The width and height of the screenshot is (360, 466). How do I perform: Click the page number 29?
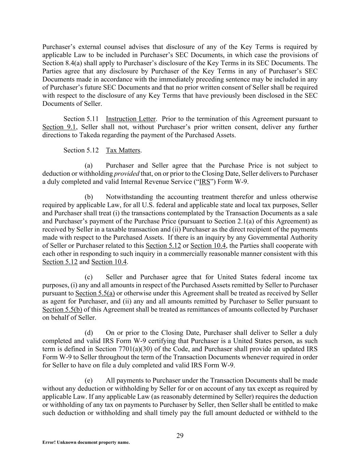[x=180, y=435]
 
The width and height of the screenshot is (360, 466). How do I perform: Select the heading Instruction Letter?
[x=131, y=119]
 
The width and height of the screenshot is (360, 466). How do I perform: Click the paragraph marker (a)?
[x=89, y=166]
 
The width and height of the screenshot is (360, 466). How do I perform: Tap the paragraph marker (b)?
[x=89, y=197]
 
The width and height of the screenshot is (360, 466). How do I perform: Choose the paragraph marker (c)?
[x=89, y=277]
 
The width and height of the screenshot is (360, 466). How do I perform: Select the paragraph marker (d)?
[x=89, y=333]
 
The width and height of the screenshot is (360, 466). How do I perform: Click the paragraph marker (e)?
[x=89, y=381]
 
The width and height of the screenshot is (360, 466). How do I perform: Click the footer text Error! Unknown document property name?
[x=86, y=442]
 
